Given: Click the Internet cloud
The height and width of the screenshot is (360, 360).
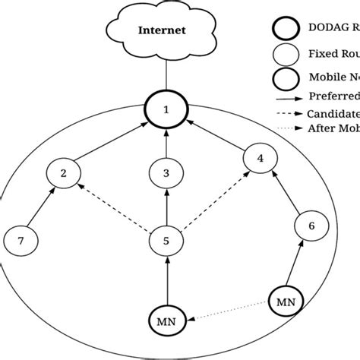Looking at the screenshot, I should pos(164,31).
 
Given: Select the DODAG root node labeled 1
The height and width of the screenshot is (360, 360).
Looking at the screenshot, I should pos(166,111).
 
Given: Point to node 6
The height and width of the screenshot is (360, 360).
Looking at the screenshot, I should pos(309,225).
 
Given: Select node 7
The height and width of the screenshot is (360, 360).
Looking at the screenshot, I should pos(21,242).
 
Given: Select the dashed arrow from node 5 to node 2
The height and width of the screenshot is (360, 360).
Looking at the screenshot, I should pos(114,207).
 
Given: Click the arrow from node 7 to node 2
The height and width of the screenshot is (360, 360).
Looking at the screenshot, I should pos(41,208).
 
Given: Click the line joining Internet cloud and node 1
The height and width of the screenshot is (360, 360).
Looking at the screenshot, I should pos(166,76).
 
